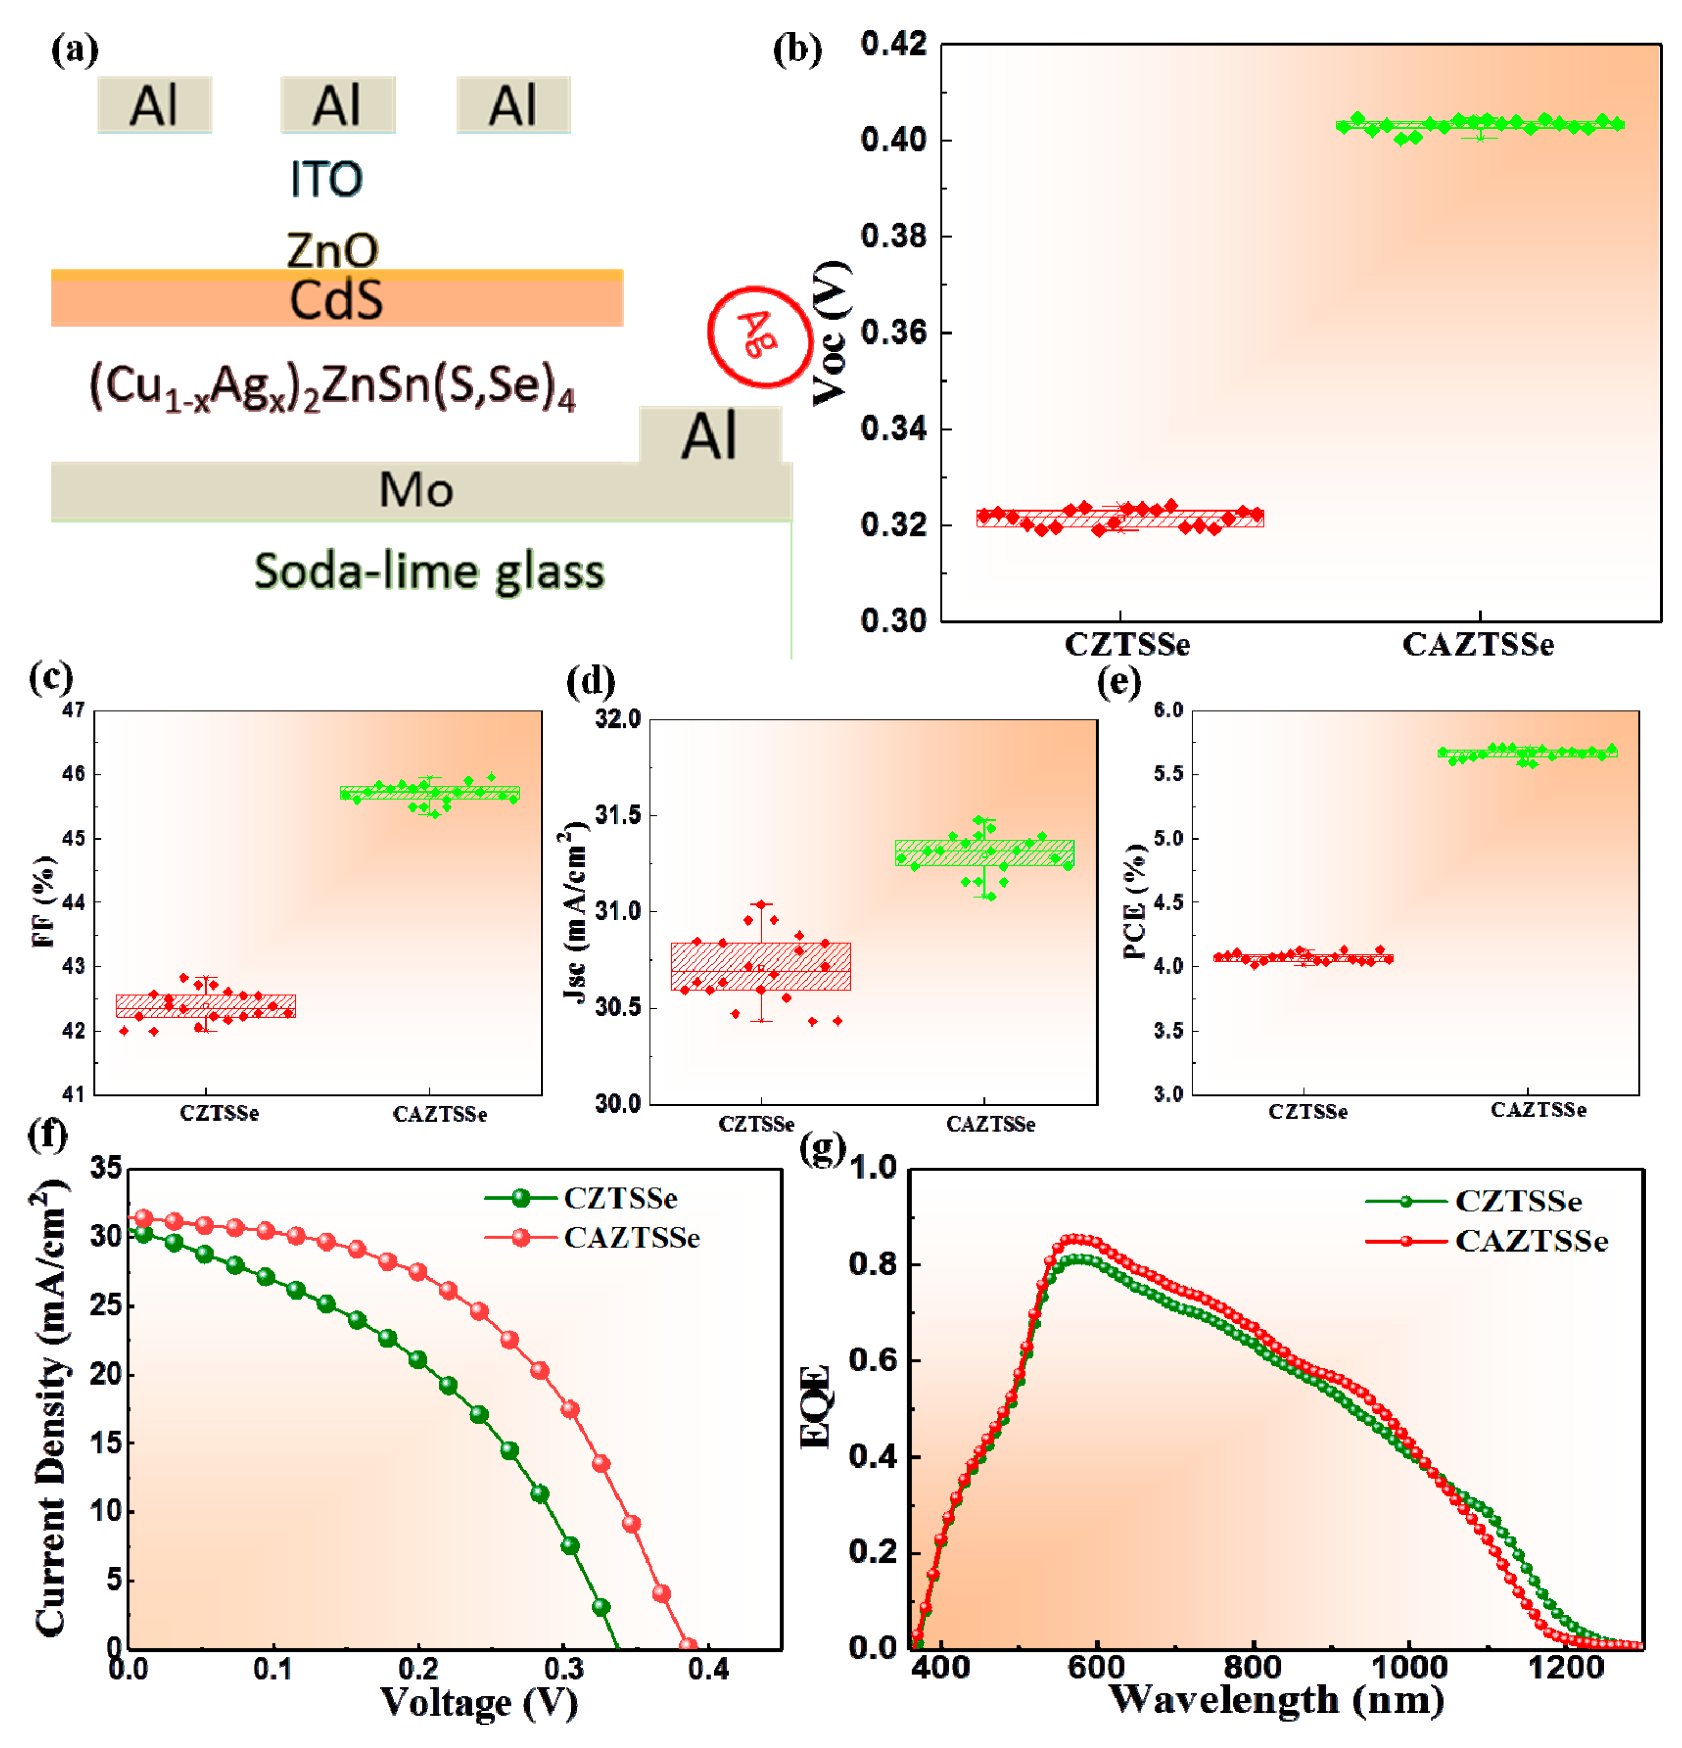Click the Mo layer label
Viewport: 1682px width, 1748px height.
click(415, 489)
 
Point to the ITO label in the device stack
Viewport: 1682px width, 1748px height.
click(326, 179)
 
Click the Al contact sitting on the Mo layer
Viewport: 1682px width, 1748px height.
click(710, 436)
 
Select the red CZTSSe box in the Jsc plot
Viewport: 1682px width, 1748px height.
click(761, 966)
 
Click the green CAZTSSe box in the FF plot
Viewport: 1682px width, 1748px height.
click(430, 792)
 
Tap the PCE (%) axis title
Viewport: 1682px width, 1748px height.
click(1134, 901)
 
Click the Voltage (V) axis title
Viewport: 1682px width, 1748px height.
click(479, 1701)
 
